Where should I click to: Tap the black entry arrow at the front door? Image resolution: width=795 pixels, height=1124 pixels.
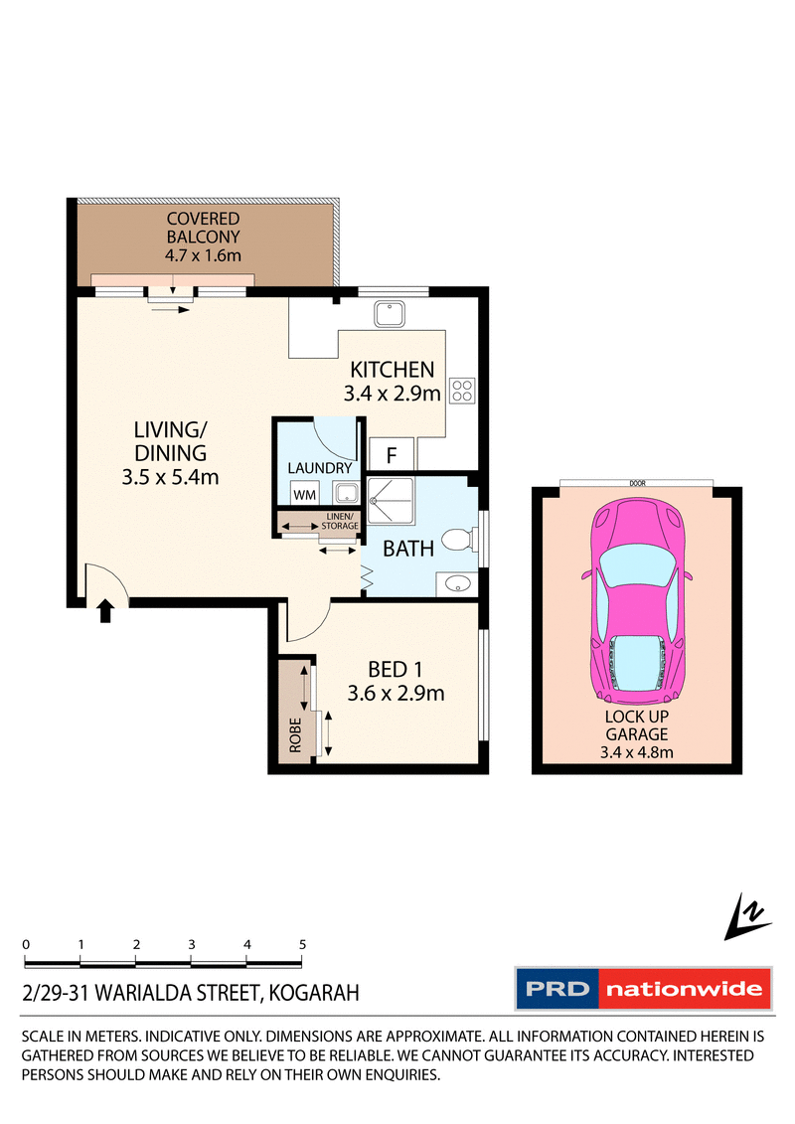107,611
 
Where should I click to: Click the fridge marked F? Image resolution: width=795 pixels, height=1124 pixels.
392,455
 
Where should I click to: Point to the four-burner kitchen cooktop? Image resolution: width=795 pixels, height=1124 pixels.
463,390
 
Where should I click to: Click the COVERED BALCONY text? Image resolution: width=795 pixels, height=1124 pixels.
203,228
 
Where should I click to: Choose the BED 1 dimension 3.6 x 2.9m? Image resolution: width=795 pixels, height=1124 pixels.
396,694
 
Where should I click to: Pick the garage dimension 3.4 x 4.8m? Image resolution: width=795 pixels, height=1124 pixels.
636,752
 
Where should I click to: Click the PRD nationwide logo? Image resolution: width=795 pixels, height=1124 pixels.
642,989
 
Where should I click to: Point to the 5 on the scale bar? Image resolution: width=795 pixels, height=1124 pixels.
301,944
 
